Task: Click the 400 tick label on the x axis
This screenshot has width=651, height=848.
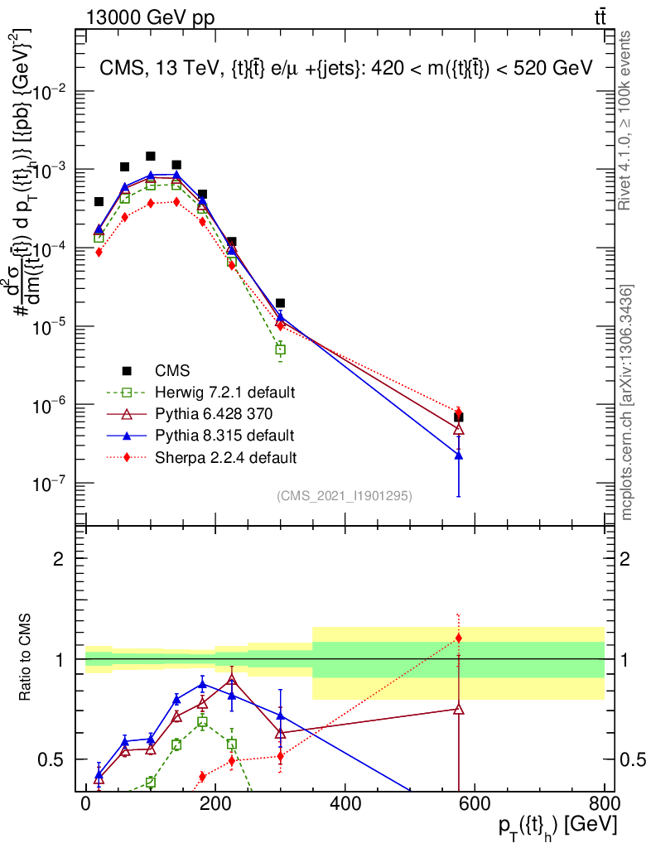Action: [x=344, y=804]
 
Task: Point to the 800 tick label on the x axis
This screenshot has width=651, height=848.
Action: [x=602, y=804]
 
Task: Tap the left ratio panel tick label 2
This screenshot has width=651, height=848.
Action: [x=58, y=559]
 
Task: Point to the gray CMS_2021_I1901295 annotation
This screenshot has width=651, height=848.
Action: [x=344, y=495]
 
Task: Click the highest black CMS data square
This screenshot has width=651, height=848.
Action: [x=151, y=156]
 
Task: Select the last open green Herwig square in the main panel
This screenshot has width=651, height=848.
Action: [x=281, y=349]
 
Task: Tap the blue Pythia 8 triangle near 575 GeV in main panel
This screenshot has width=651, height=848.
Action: [x=458, y=455]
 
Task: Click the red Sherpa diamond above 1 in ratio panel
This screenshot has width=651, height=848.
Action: [x=458, y=638]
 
